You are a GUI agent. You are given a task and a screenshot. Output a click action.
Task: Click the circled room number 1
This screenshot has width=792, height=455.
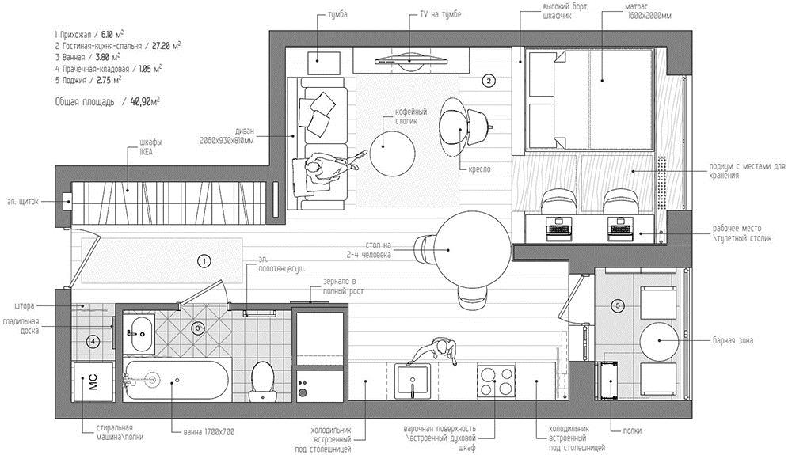(204, 261)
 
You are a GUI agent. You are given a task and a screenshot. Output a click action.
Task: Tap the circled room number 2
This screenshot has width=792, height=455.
(488, 80)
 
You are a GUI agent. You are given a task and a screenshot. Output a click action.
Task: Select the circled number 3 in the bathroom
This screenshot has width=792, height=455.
(198, 328)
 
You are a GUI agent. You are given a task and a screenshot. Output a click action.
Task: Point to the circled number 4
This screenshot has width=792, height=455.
(93, 342)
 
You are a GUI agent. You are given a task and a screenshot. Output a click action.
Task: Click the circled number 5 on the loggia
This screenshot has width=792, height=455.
(617, 305)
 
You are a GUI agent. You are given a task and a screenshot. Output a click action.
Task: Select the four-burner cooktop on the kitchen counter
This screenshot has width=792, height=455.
(497, 381)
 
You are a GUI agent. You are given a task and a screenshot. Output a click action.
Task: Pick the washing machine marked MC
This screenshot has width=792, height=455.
(93, 382)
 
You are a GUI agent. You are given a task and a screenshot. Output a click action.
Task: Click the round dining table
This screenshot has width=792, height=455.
(473, 249)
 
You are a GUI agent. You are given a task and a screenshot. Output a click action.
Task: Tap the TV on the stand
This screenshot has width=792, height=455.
(410, 60)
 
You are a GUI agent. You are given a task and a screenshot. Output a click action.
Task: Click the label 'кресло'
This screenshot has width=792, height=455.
(479, 169)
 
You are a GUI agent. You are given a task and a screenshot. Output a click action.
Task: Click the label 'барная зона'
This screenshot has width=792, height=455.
(733, 340)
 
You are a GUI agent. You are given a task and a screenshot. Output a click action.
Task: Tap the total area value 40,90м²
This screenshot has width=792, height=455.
(145, 102)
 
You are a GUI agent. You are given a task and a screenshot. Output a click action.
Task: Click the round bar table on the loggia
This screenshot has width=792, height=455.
(660, 340)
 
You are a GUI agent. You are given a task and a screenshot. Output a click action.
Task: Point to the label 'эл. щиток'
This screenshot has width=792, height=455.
(23, 202)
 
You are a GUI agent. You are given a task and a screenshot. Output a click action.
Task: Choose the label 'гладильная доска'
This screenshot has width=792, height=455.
(21, 326)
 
